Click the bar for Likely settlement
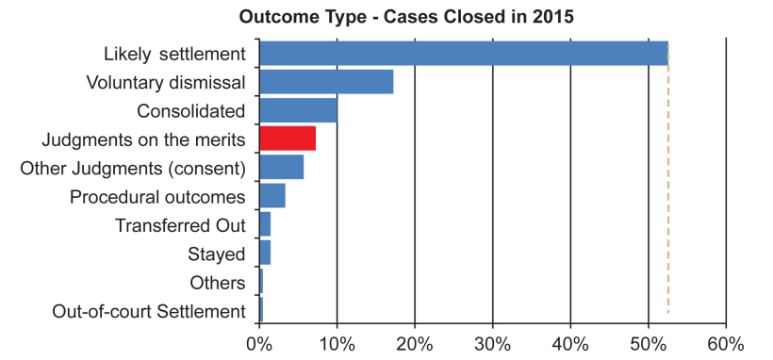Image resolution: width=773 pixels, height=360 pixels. pos(464,54)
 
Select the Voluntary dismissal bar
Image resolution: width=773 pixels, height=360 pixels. pos(326,82)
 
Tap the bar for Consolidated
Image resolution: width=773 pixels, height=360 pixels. pos(298,110)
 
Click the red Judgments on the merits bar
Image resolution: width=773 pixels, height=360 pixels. pos(288,139)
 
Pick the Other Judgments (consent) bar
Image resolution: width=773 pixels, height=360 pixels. pos(282,167)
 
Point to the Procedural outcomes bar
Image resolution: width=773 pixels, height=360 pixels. pos(272,196)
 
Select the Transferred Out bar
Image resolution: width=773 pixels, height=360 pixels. pos(265,224)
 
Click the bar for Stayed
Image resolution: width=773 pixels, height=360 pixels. pos(265,253)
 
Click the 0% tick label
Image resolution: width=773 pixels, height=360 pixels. pos(259,344)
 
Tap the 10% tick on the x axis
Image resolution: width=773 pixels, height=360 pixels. pos(337,344)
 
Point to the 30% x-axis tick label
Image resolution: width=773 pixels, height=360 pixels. pos(492,344)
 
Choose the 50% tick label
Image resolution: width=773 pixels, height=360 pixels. pos(649,344)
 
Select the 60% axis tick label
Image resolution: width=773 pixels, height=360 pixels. pos(726,344)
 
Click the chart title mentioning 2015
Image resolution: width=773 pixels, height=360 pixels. pos(406,17)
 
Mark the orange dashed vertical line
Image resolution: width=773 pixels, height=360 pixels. pos(668,178)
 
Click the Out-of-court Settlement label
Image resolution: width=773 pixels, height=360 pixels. pos(148,312)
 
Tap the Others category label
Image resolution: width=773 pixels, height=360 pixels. pos(218,283)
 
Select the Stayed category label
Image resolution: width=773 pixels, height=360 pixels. pos(217,255)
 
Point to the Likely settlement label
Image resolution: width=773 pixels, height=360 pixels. pos(174,55)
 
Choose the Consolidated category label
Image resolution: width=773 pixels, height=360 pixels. pos(190,110)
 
